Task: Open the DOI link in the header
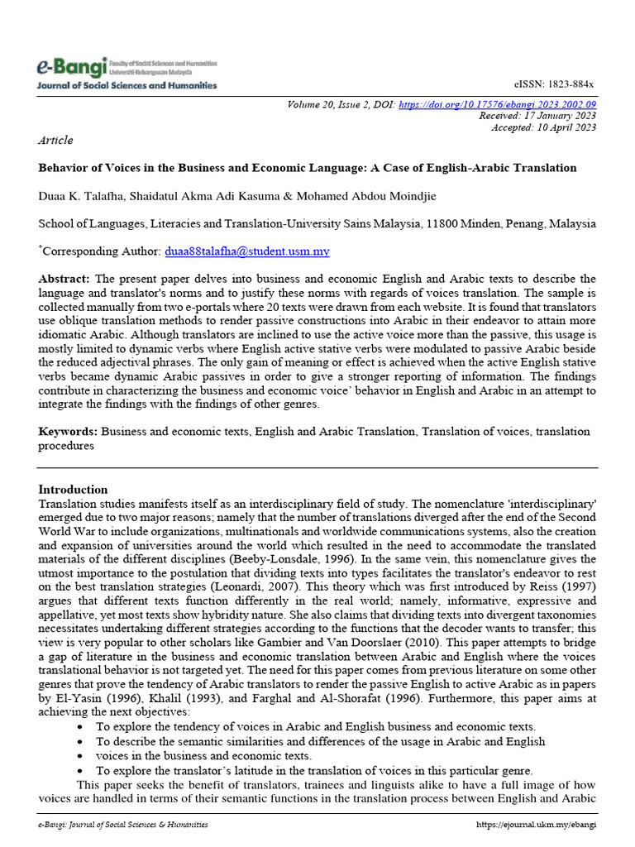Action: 497,105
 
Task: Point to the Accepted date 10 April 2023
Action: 543,128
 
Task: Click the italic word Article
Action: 55,141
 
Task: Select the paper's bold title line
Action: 308,168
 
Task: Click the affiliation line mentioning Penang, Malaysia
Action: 317,223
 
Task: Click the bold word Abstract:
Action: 65,279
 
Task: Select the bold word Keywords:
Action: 68,431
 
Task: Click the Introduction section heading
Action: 73,489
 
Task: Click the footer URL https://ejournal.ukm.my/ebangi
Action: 537,825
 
